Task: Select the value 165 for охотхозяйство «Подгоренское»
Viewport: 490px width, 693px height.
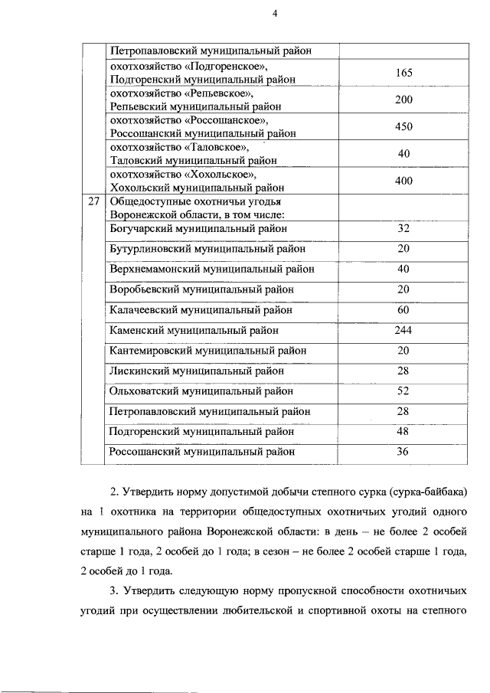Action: (x=404, y=74)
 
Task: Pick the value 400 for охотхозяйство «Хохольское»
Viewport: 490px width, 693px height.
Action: (x=404, y=181)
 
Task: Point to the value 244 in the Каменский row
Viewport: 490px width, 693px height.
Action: (x=404, y=331)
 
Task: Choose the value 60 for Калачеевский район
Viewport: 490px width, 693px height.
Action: (x=404, y=311)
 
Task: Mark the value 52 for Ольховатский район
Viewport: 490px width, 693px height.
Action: (x=404, y=391)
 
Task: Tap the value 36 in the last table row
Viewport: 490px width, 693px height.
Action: (x=404, y=452)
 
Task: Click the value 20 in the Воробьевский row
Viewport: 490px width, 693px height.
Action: (x=404, y=289)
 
